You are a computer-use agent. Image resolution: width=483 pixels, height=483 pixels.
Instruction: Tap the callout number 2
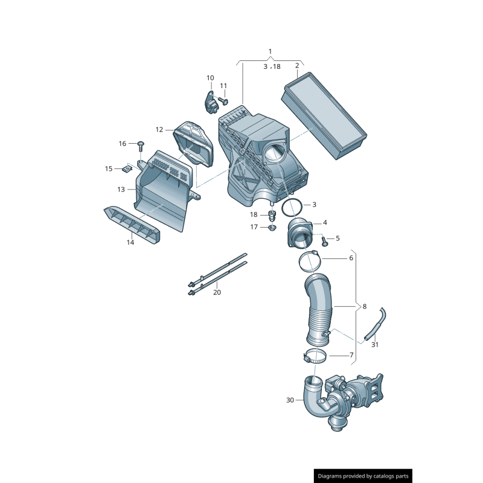297,65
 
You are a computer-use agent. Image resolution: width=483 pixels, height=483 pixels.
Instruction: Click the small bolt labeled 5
325,241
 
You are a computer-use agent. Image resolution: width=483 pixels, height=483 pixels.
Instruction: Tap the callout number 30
290,400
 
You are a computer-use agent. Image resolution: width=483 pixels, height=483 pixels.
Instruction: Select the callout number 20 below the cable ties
217,292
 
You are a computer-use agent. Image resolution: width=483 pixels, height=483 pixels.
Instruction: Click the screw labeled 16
141,145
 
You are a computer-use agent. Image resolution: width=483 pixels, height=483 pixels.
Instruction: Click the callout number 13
121,189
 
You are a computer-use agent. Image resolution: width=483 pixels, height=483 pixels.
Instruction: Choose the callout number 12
159,129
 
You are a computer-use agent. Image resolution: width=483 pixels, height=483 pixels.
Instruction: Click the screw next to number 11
222,100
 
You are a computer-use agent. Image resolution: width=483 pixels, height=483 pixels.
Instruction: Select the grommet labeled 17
272,228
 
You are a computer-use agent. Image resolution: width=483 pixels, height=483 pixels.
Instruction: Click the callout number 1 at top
270,51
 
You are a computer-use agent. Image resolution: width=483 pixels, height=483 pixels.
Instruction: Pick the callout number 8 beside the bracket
364,307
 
